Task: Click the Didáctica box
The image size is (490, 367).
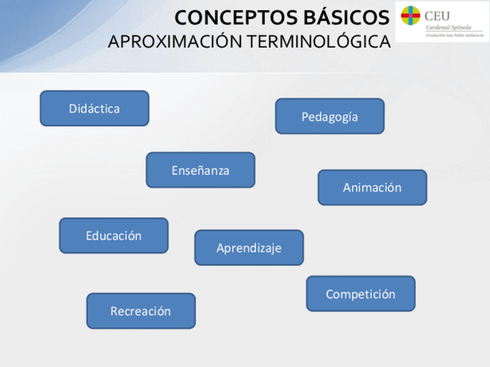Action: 94,108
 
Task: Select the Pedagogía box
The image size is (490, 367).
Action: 330,116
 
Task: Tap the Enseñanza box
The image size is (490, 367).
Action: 201,170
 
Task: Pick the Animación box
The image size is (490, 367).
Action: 372,187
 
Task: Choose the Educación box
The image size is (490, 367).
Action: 114,235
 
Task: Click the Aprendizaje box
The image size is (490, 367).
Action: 249,248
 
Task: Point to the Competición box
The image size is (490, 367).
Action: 361,294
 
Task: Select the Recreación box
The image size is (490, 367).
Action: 141,311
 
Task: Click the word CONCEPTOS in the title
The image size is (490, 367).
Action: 236,17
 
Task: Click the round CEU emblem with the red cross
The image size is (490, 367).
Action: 410,15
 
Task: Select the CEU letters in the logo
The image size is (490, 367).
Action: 437,16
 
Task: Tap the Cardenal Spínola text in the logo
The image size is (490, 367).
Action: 448,28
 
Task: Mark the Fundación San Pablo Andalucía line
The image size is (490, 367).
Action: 455,35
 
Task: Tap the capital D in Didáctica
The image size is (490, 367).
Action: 73,108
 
